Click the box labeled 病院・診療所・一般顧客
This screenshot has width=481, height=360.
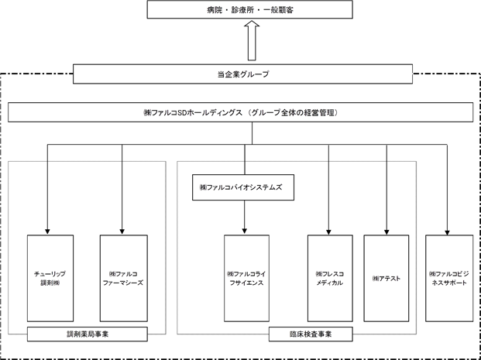(249, 9)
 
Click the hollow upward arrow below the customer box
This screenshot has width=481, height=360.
(252, 40)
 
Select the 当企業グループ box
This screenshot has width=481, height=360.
(242, 74)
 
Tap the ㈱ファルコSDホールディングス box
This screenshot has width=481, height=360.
(240, 112)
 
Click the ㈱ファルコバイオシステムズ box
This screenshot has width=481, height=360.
(243, 187)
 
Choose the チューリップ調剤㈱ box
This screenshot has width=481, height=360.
(50, 279)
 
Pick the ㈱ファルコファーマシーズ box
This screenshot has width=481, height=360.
(124, 279)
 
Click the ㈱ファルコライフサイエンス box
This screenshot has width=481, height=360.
(246, 279)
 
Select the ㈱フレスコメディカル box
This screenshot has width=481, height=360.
(330, 279)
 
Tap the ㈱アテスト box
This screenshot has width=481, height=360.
(387, 279)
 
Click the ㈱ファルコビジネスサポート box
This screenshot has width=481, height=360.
(449, 279)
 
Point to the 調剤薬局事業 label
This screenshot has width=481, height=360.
(88, 334)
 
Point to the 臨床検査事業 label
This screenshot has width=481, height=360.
(311, 334)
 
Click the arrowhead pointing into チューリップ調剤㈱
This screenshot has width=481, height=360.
(47, 231)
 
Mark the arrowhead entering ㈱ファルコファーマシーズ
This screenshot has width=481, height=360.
(122, 231)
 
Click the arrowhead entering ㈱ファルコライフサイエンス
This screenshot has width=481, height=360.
(245, 231)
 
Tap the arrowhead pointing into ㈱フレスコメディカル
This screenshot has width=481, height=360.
(328, 232)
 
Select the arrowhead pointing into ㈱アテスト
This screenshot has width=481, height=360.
(387, 232)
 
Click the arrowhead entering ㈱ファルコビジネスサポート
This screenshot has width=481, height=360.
(447, 232)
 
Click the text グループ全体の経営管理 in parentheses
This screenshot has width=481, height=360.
(293, 112)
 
